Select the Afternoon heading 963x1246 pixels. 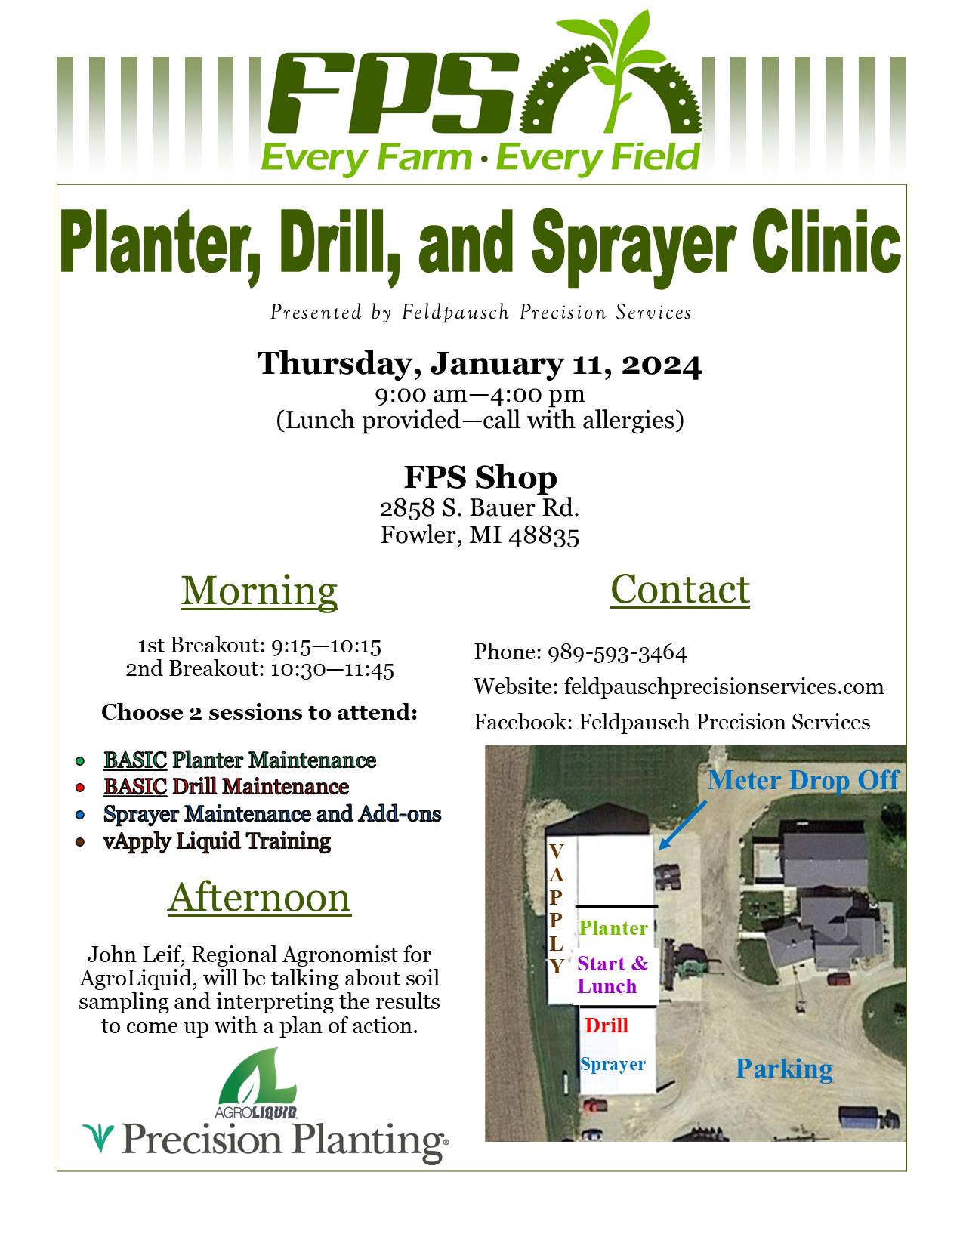259,897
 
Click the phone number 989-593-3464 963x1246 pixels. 617,653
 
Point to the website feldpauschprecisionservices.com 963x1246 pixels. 724,687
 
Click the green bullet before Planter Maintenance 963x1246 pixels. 80,761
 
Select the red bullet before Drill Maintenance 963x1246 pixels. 80,788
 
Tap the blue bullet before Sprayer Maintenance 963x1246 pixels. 80,815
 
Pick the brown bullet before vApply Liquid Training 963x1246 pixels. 80,842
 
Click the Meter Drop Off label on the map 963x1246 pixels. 804,780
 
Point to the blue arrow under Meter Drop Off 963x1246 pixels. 683,825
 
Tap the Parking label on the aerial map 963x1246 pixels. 784,1069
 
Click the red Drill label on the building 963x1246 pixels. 607,1025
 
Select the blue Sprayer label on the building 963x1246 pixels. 613,1064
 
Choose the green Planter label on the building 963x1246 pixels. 613,928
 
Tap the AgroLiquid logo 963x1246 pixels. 257,1083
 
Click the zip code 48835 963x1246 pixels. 544,535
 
